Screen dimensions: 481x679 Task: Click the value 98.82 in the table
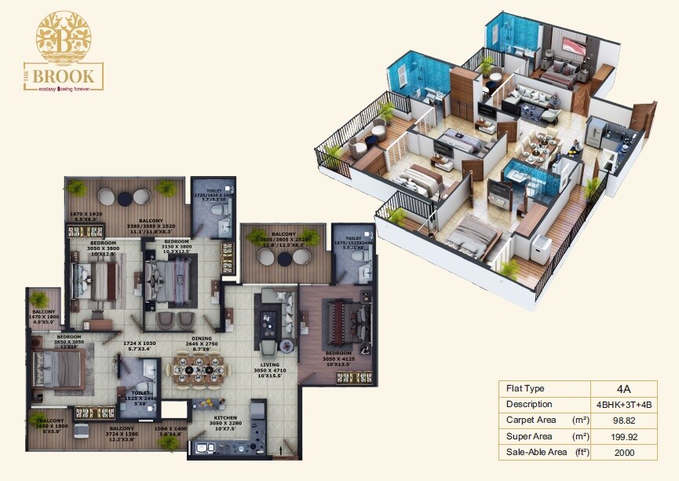coord(623,420)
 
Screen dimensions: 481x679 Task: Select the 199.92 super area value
coord(623,436)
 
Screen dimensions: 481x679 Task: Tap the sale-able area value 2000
coord(623,453)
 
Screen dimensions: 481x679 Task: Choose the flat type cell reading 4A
coord(623,388)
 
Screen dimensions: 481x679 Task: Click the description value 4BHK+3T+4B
coord(623,404)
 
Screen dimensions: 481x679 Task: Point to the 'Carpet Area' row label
coord(531,420)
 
